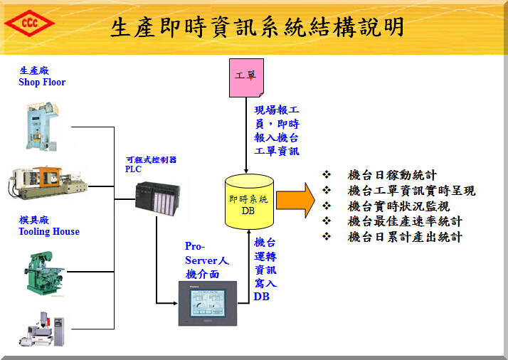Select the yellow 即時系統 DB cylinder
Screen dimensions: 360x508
248,201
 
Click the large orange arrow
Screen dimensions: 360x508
295,200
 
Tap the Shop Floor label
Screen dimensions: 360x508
42,77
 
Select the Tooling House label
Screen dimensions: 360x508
49,226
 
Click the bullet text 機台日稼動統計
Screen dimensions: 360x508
392,175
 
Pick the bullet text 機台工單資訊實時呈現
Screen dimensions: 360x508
411,191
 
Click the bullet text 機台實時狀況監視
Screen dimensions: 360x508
398,206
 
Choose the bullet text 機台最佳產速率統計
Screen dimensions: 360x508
405,221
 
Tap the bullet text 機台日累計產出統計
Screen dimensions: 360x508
405,237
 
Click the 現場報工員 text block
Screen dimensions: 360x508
277,130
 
